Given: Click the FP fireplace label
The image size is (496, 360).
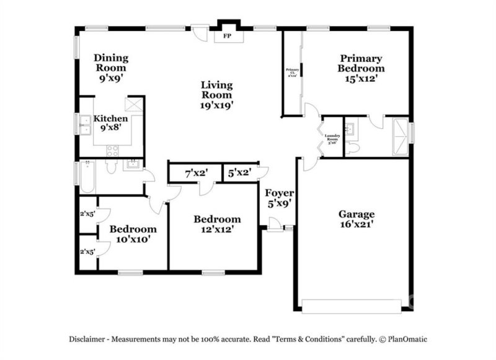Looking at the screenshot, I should pos(227,37).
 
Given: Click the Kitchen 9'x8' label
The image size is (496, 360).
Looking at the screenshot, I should pos(111,123).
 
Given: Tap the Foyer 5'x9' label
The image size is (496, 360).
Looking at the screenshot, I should pos(279,197).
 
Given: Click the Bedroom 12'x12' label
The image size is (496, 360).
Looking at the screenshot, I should pos(216,224).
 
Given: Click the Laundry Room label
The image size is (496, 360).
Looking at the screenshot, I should pos(332,136).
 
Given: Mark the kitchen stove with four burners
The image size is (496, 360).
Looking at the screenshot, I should pos(113,150).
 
